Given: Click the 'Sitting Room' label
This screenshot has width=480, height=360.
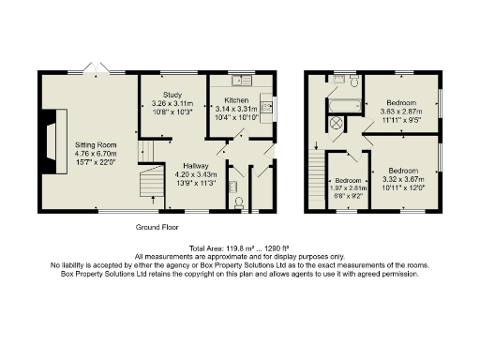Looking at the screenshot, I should [x=95, y=145].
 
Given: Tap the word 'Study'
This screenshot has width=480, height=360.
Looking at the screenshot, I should [x=172, y=95].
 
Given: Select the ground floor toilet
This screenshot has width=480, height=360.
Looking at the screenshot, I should [x=239, y=201].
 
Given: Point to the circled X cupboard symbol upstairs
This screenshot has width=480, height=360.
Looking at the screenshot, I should [x=336, y=124].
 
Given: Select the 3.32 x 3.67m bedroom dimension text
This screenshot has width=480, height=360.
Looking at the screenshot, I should [x=404, y=179].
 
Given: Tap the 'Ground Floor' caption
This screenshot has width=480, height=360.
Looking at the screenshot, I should [x=157, y=228].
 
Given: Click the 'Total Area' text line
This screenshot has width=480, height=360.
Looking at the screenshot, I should [x=240, y=247].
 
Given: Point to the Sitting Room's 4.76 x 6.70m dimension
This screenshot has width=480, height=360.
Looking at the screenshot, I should [x=95, y=156].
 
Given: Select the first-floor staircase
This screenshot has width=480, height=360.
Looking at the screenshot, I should [x=316, y=184].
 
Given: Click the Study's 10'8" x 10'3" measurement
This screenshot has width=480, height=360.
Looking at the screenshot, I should [x=172, y=112].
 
